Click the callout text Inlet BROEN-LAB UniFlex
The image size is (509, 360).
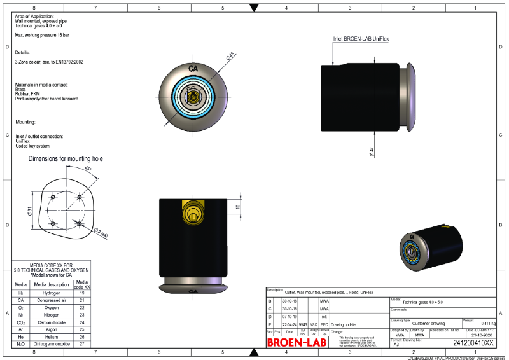pos(361,39)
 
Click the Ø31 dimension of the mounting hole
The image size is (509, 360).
pos(30,211)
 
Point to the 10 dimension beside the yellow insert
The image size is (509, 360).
pos(237,207)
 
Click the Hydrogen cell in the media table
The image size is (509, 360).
pos(52,293)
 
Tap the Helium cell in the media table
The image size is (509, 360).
pos(52,336)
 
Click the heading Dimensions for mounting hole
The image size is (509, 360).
pos(66,158)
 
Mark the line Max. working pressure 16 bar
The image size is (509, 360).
pos(42,36)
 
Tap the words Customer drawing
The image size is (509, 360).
pos(428,324)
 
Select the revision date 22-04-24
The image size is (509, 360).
pos(289,324)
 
